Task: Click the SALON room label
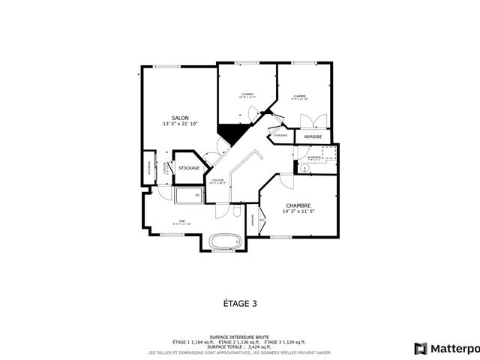[180, 118]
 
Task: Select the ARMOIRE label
[313, 137]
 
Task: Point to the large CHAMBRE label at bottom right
[298, 205]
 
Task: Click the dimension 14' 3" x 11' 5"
[298, 211]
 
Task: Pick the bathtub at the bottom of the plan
[224, 242]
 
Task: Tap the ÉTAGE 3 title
[240, 304]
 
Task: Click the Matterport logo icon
[421, 348]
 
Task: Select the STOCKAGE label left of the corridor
[189, 168]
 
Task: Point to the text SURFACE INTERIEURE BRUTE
[240, 337]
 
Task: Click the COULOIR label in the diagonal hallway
[218, 181]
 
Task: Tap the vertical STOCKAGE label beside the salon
[148, 168]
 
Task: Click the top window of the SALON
[167, 67]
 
